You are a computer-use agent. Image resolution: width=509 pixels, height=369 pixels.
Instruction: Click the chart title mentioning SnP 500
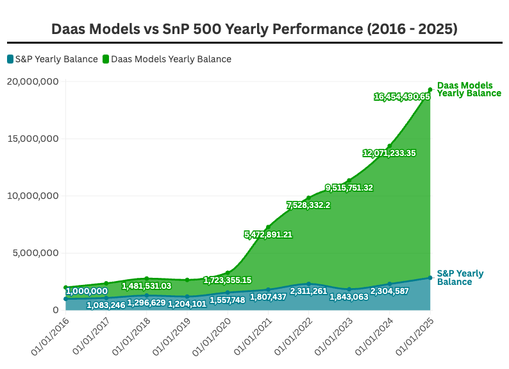click(254, 29)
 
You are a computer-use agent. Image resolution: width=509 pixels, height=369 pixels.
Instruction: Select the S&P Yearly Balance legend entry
click(53, 59)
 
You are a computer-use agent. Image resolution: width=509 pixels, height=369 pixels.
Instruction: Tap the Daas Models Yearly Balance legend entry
click(167, 59)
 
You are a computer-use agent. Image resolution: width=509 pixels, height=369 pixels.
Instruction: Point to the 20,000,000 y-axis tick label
click(33, 82)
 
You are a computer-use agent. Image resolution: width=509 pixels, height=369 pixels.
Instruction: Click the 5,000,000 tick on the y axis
click(36, 253)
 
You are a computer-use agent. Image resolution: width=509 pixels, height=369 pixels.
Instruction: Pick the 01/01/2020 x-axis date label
click(212, 337)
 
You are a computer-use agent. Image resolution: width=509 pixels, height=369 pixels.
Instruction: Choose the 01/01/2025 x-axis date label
click(415, 337)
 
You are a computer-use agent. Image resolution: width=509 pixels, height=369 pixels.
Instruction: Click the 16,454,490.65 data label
click(402, 96)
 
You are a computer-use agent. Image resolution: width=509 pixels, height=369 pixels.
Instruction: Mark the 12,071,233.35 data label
click(389, 153)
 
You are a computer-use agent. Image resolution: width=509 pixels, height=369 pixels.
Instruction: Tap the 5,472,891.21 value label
click(268, 234)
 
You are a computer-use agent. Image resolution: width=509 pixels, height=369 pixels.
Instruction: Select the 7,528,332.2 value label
click(308, 205)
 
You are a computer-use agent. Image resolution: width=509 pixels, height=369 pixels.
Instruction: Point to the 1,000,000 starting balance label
click(87, 291)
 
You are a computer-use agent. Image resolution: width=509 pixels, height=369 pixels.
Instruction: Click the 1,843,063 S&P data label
click(349, 297)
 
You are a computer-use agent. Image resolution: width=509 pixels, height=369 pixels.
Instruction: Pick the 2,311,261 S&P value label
click(308, 291)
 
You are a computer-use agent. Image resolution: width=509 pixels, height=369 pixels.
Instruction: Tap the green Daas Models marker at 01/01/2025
click(430, 90)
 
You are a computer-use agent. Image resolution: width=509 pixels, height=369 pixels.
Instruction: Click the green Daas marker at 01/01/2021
click(268, 227)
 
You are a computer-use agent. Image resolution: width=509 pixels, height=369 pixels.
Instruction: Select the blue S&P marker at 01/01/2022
click(309, 284)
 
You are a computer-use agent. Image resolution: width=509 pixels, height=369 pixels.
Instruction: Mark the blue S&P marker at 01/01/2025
click(430, 278)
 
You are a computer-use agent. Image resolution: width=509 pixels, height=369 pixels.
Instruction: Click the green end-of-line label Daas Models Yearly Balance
click(469, 89)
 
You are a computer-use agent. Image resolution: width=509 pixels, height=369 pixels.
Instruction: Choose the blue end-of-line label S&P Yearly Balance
click(460, 278)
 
